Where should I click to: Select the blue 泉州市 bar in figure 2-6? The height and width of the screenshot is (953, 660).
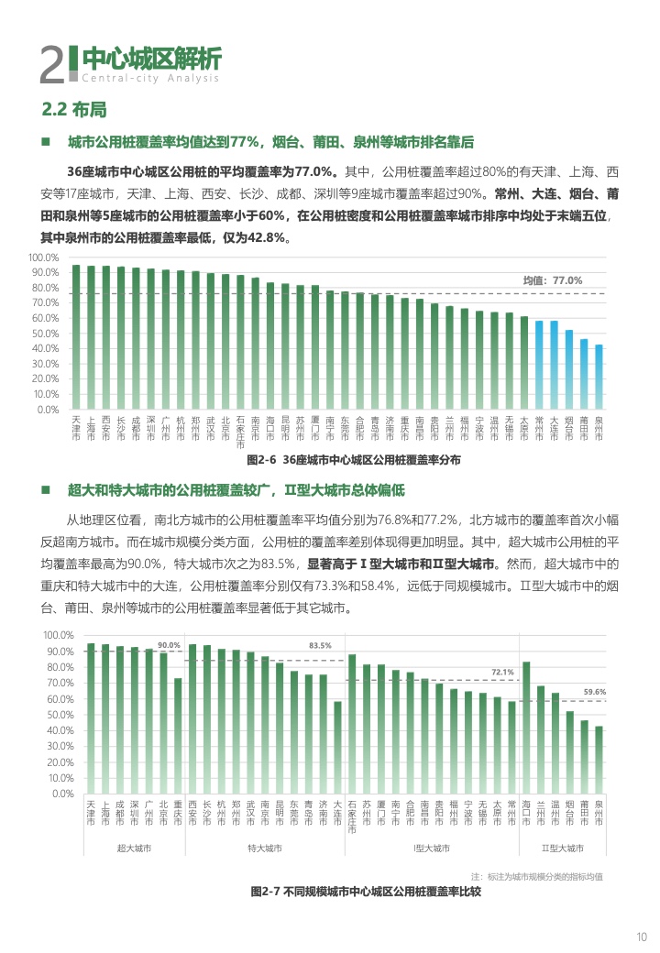[x=599, y=377]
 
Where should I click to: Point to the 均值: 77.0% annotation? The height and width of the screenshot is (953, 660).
[x=552, y=280]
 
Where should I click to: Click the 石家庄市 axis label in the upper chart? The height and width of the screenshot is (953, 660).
[x=240, y=432]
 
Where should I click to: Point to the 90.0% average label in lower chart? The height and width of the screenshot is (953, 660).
[x=169, y=645]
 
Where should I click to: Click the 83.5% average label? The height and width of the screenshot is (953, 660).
[x=320, y=645]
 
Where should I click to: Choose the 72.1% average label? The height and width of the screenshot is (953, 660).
[x=502, y=673]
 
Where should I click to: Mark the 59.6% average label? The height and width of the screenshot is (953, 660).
[x=595, y=692]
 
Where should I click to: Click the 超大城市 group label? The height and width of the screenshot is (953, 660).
[x=134, y=849]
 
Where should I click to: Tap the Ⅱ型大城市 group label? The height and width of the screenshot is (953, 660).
[x=562, y=849]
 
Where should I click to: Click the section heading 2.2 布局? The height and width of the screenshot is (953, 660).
[x=74, y=110]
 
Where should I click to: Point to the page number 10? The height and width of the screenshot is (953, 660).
[x=642, y=936]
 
